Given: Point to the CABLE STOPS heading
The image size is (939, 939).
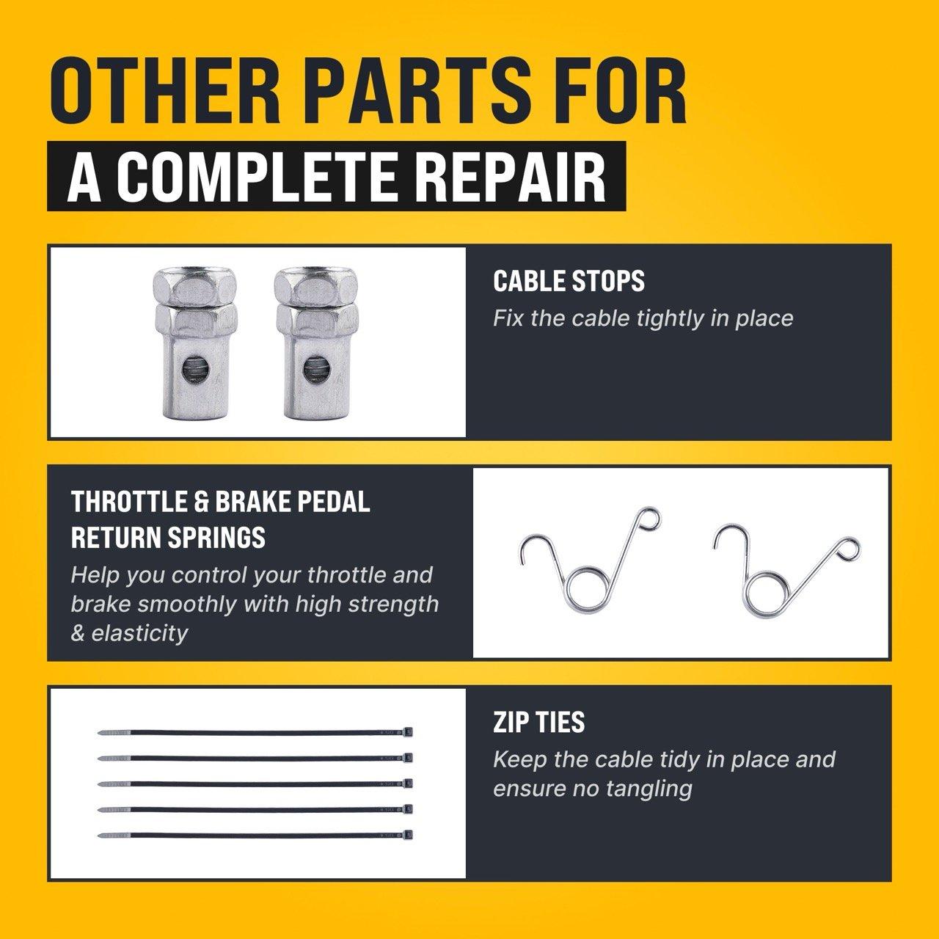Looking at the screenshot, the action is (569, 281).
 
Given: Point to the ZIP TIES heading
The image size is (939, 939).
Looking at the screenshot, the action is (538, 722).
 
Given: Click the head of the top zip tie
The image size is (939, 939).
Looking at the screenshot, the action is (409, 731).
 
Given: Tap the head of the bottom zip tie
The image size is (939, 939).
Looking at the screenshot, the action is (409, 835).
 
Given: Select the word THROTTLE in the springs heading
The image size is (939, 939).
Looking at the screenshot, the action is (128, 502).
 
